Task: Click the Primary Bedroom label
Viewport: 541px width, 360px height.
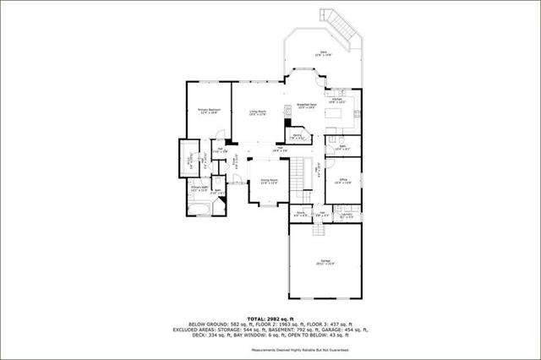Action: tap(210, 110)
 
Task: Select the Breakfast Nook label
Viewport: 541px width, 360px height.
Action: tap(308, 106)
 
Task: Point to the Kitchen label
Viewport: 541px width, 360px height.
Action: tap(336, 100)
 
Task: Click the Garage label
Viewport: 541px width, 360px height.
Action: tap(325, 263)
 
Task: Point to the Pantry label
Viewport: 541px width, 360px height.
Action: tap(298, 135)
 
